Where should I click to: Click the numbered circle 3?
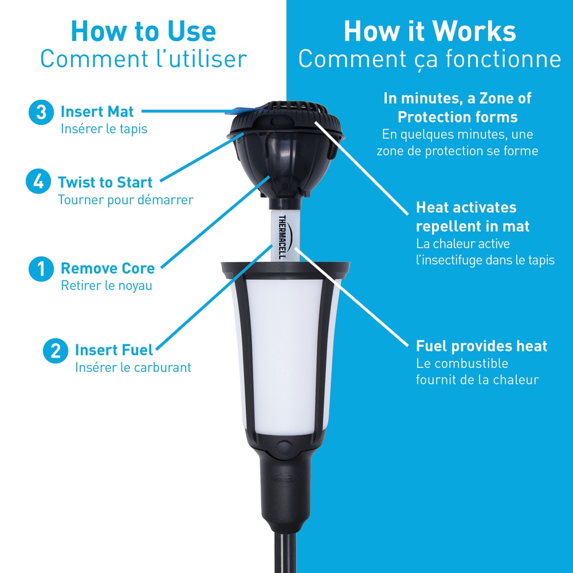pyautogui.click(x=41, y=112)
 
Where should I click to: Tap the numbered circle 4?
pyautogui.click(x=38, y=181)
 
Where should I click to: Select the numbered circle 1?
pyautogui.click(x=41, y=269)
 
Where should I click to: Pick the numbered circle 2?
pyautogui.click(x=56, y=351)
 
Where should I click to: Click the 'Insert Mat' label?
pyautogui.click(x=97, y=112)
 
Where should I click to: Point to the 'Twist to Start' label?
pyautogui.click(x=105, y=182)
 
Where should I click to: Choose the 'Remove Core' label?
pyautogui.click(x=108, y=268)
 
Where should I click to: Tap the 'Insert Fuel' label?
pyautogui.click(x=113, y=350)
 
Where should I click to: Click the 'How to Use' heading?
pyautogui.click(x=143, y=31)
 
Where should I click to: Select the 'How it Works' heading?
pyautogui.click(x=430, y=31)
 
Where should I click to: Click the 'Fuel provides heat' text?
pyautogui.click(x=482, y=346)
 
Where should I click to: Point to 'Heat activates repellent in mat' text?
pyautogui.click(x=473, y=217)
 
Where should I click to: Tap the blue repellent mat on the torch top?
pyautogui.click(x=247, y=111)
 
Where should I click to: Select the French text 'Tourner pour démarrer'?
pyautogui.click(x=125, y=200)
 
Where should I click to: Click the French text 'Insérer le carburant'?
pyautogui.click(x=133, y=367)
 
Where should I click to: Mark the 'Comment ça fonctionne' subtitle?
pyautogui.click(x=430, y=59)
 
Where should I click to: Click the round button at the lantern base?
pyautogui.click(x=285, y=447)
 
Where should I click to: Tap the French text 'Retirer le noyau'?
pyautogui.click(x=107, y=285)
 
